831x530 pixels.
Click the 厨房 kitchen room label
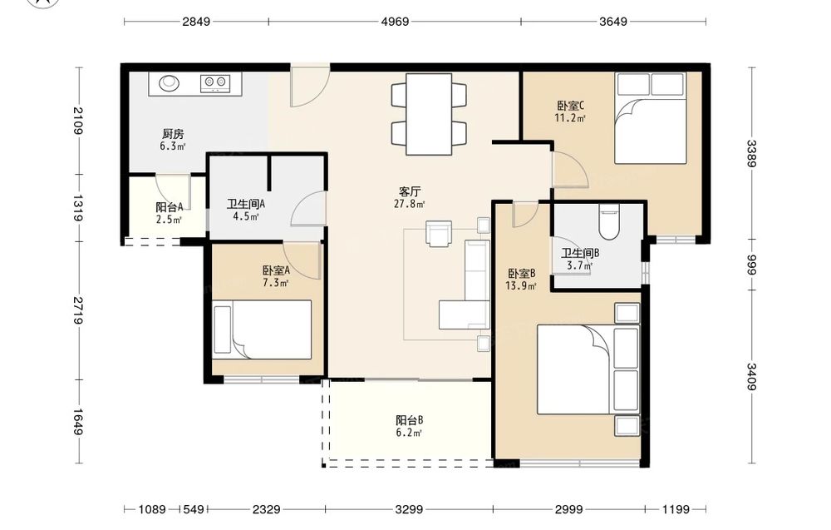tap(173, 134)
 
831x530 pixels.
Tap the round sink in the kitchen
tap(169, 82)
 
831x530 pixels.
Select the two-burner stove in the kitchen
tap(215, 82)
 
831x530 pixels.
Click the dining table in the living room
tap(429, 114)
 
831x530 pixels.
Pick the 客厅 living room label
tap(409, 191)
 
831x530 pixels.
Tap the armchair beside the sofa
tap(439, 234)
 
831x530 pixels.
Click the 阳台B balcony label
tap(409, 420)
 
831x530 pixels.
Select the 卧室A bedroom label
tap(276, 270)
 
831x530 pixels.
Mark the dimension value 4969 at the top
tap(395, 22)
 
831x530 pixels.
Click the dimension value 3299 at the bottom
tap(409, 509)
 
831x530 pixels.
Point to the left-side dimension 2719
tap(78, 310)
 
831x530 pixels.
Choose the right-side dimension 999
tap(752, 265)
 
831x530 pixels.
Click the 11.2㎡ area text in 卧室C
tap(570, 118)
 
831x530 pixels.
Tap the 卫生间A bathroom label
tap(246, 204)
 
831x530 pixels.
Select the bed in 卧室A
tap(262, 329)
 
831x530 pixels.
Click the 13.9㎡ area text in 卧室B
tap(522, 286)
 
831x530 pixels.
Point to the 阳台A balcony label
tap(169, 207)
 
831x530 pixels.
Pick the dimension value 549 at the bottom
tap(193, 509)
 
